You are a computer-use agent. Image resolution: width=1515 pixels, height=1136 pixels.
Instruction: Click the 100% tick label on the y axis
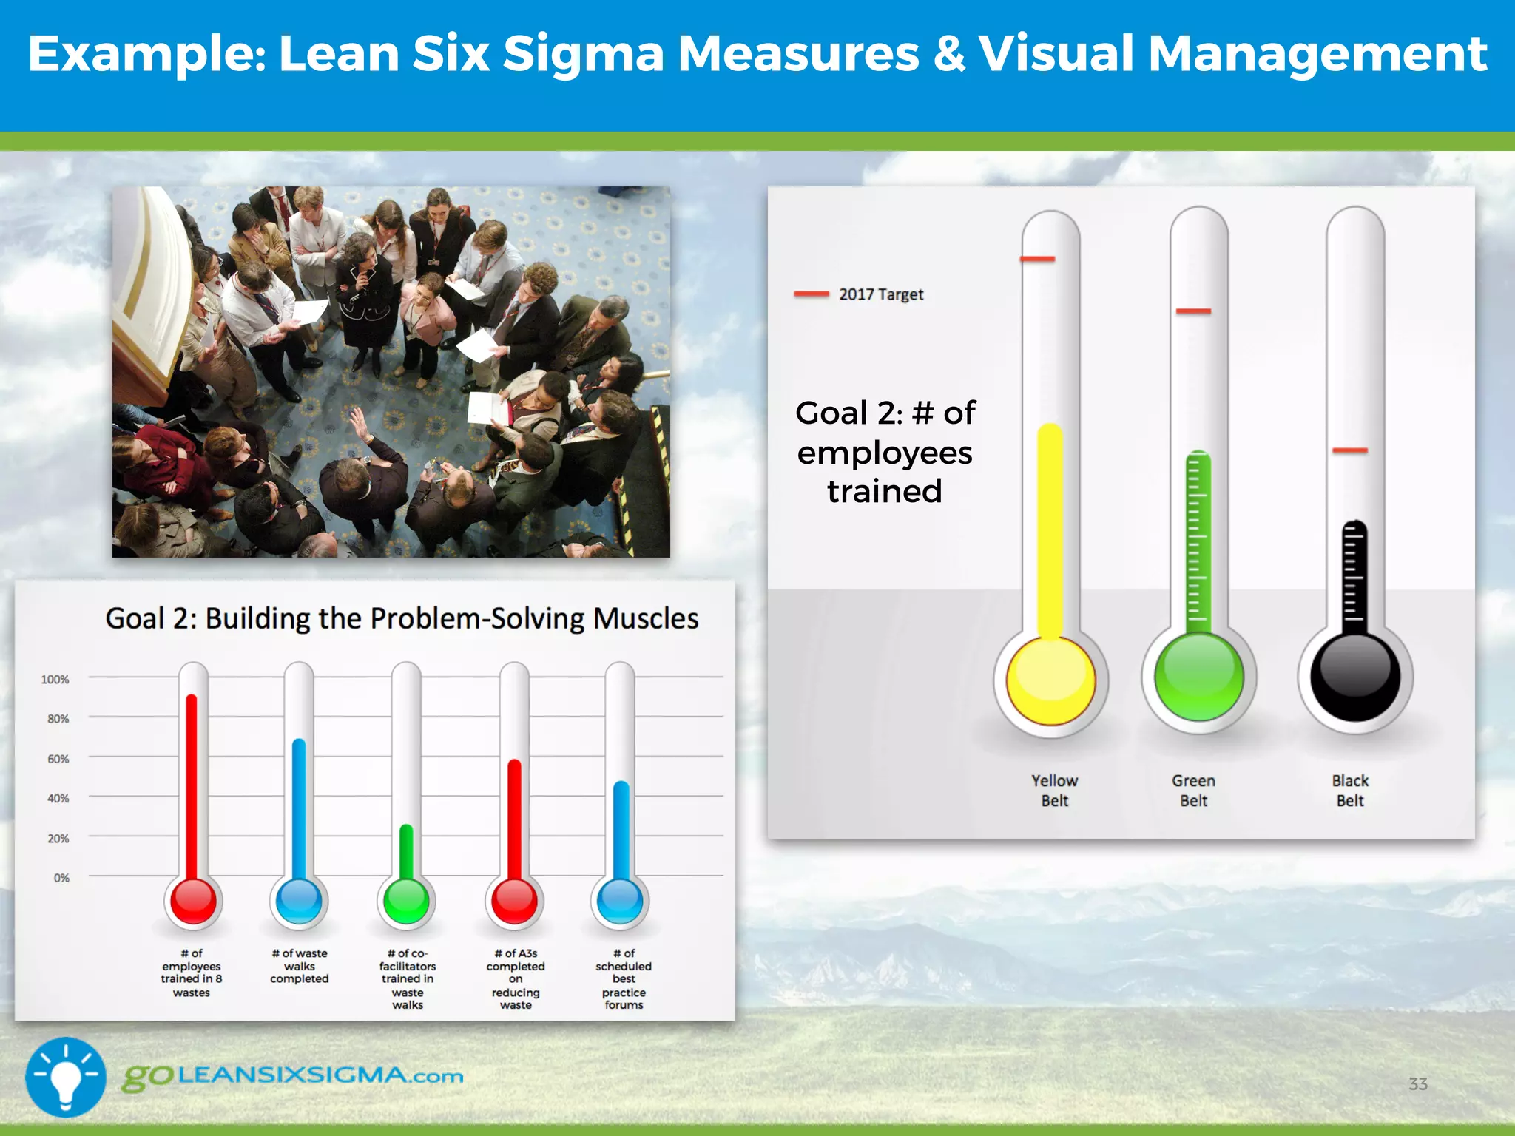point(55,679)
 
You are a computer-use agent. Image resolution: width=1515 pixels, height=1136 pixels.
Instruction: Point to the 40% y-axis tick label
point(58,798)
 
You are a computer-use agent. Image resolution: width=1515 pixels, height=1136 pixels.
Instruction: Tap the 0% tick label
point(61,878)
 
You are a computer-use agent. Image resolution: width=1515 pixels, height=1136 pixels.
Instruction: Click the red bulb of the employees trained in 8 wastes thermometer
point(192,901)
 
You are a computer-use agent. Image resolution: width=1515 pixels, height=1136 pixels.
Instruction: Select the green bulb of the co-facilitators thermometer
point(406,901)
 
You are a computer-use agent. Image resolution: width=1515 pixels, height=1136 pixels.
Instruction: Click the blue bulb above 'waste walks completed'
point(299,901)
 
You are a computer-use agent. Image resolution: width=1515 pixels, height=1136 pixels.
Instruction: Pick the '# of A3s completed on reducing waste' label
point(516,978)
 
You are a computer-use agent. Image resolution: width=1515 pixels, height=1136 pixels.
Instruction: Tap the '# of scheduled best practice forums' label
point(624,978)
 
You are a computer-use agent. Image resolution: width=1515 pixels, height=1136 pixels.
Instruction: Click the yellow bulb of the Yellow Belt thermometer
point(1050,679)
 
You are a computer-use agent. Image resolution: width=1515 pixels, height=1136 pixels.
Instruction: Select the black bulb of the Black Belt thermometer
point(1354,676)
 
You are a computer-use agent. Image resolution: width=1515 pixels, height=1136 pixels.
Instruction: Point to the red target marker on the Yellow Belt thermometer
point(1037,259)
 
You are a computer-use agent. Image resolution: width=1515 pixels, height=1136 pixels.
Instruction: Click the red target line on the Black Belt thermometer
point(1350,450)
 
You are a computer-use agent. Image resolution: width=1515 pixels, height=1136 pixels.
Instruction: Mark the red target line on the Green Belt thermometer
point(1193,311)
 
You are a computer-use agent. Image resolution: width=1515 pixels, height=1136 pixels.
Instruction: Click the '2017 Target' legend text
point(881,294)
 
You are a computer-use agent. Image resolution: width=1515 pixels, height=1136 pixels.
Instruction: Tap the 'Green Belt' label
point(1193,790)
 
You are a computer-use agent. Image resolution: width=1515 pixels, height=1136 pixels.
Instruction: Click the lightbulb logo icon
point(66,1076)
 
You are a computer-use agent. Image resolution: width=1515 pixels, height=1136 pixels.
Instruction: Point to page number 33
point(1417,1084)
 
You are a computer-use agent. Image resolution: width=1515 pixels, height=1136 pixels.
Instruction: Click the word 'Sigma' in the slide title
point(583,54)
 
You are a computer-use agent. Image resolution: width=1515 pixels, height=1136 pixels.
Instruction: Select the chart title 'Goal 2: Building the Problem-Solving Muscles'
point(402,618)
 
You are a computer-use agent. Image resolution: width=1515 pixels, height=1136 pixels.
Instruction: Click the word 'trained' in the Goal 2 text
point(885,491)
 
